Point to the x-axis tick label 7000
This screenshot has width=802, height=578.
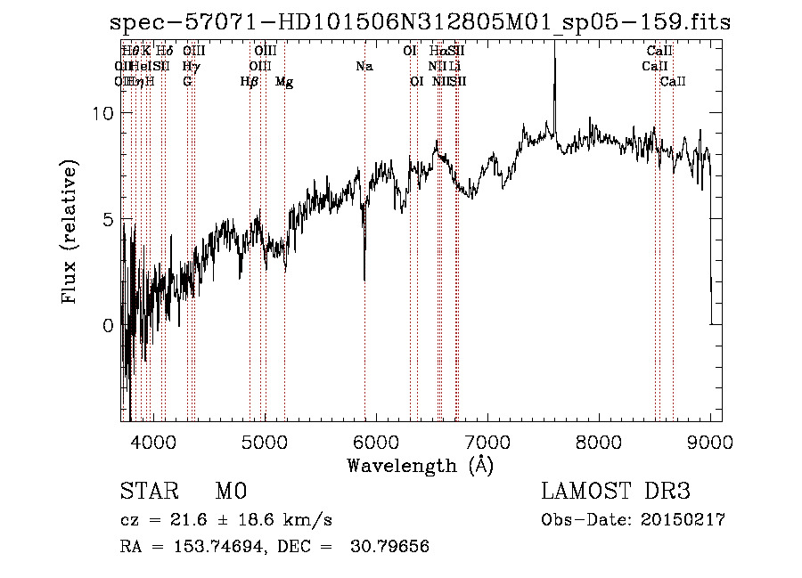click(x=487, y=440)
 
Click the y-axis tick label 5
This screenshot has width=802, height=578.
click(x=108, y=219)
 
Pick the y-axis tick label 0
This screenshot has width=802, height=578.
click(x=108, y=325)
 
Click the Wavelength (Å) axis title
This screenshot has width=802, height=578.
click(x=420, y=464)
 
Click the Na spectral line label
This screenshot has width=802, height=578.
click(x=364, y=66)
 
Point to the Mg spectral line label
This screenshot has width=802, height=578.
click(x=284, y=82)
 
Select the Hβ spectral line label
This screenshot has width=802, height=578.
click(x=250, y=82)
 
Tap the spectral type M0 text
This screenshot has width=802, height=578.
click(x=230, y=492)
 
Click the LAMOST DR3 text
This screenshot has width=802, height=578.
click(x=615, y=492)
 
